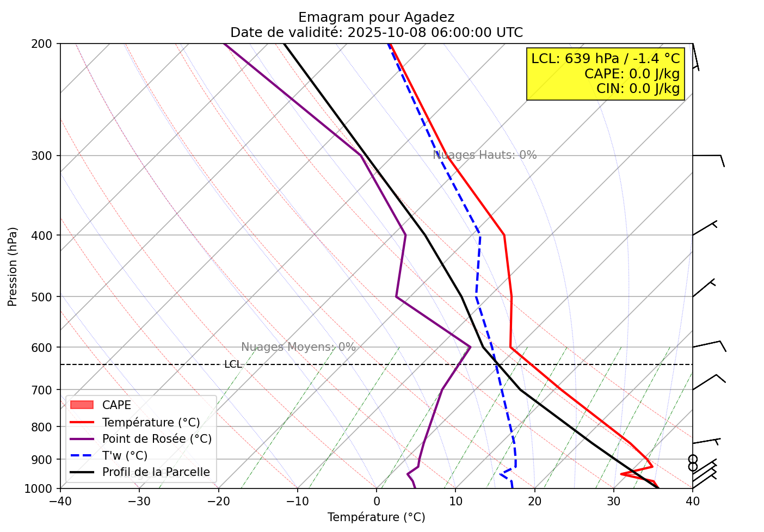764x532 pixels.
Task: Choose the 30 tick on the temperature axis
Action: click(613, 499)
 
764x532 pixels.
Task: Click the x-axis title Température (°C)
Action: click(376, 517)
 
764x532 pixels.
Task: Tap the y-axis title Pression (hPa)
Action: click(13, 267)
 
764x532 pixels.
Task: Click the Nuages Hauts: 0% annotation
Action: click(484, 155)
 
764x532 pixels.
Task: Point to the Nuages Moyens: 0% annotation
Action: click(298, 347)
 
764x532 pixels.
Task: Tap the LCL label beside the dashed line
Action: click(233, 364)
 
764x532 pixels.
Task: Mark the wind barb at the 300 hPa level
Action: click(707, 157)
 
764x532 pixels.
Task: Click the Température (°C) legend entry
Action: click(151, 423)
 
